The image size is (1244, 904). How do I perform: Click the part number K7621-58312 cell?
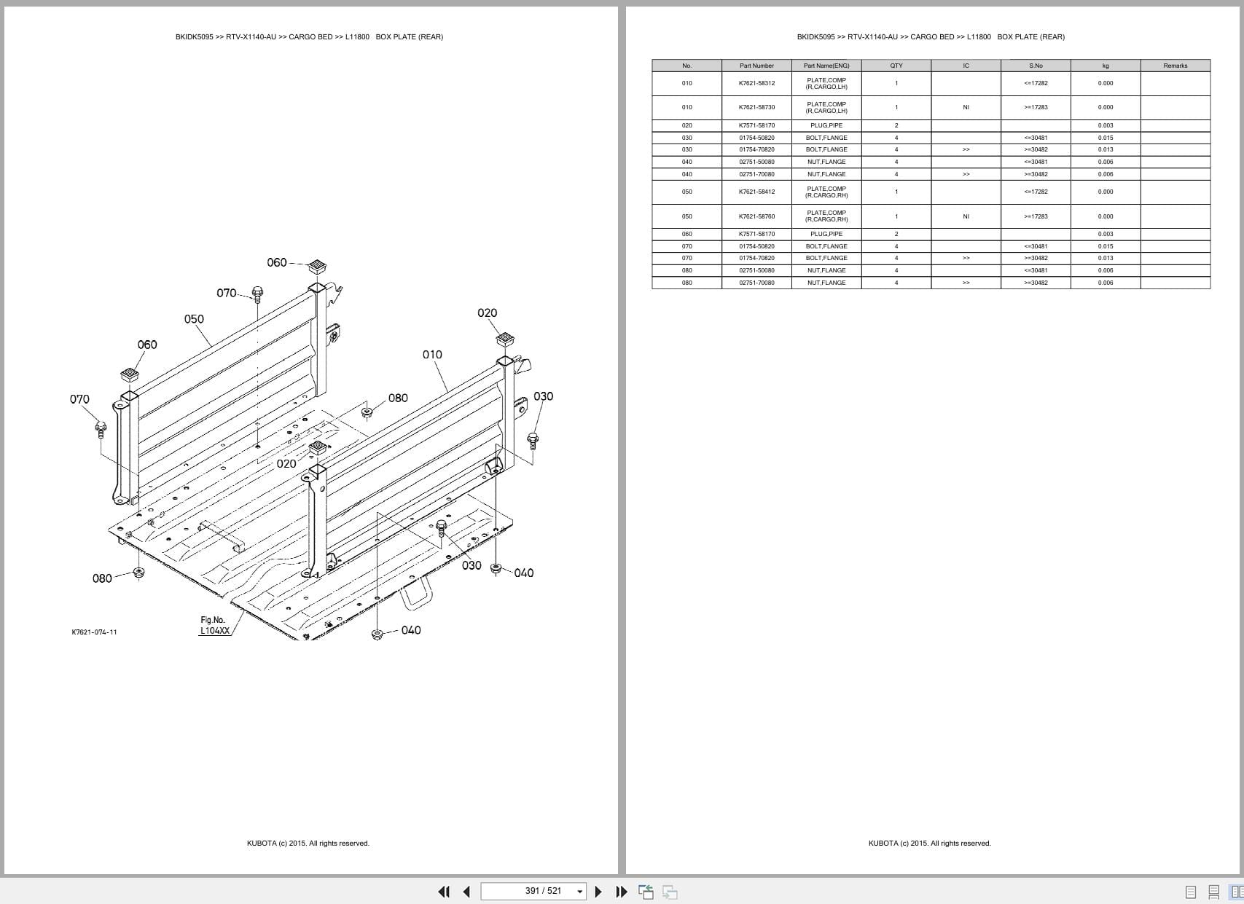pos(756,83)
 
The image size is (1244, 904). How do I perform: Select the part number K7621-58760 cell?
pos(756,216)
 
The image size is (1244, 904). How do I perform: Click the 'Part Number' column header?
pos(756,66)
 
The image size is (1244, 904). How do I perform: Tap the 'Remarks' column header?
pos(1175,66)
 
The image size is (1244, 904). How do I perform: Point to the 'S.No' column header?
pos(1036,66)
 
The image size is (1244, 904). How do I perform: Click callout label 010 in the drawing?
pos(432,355)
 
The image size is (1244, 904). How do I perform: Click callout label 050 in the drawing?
pos(194,319)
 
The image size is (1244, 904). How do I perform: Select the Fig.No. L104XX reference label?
pos(214,626)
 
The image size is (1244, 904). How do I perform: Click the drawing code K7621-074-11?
pos(94,632)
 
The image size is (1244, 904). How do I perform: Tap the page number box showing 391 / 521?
pos(534,891)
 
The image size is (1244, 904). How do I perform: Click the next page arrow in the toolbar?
pos(598,892)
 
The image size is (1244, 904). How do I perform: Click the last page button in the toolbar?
pos(622,892)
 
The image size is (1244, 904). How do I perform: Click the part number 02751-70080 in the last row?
pos(756,283)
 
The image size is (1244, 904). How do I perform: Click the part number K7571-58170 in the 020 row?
pos(756,125)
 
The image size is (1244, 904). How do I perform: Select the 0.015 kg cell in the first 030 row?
pos(1105,138)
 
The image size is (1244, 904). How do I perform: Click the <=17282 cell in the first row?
pos(1036,83)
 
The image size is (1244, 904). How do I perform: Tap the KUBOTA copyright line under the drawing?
pos(308,844)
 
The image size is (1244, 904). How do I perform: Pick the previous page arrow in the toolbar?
pos(466,892)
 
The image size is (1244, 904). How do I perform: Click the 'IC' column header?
pos(966,66)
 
